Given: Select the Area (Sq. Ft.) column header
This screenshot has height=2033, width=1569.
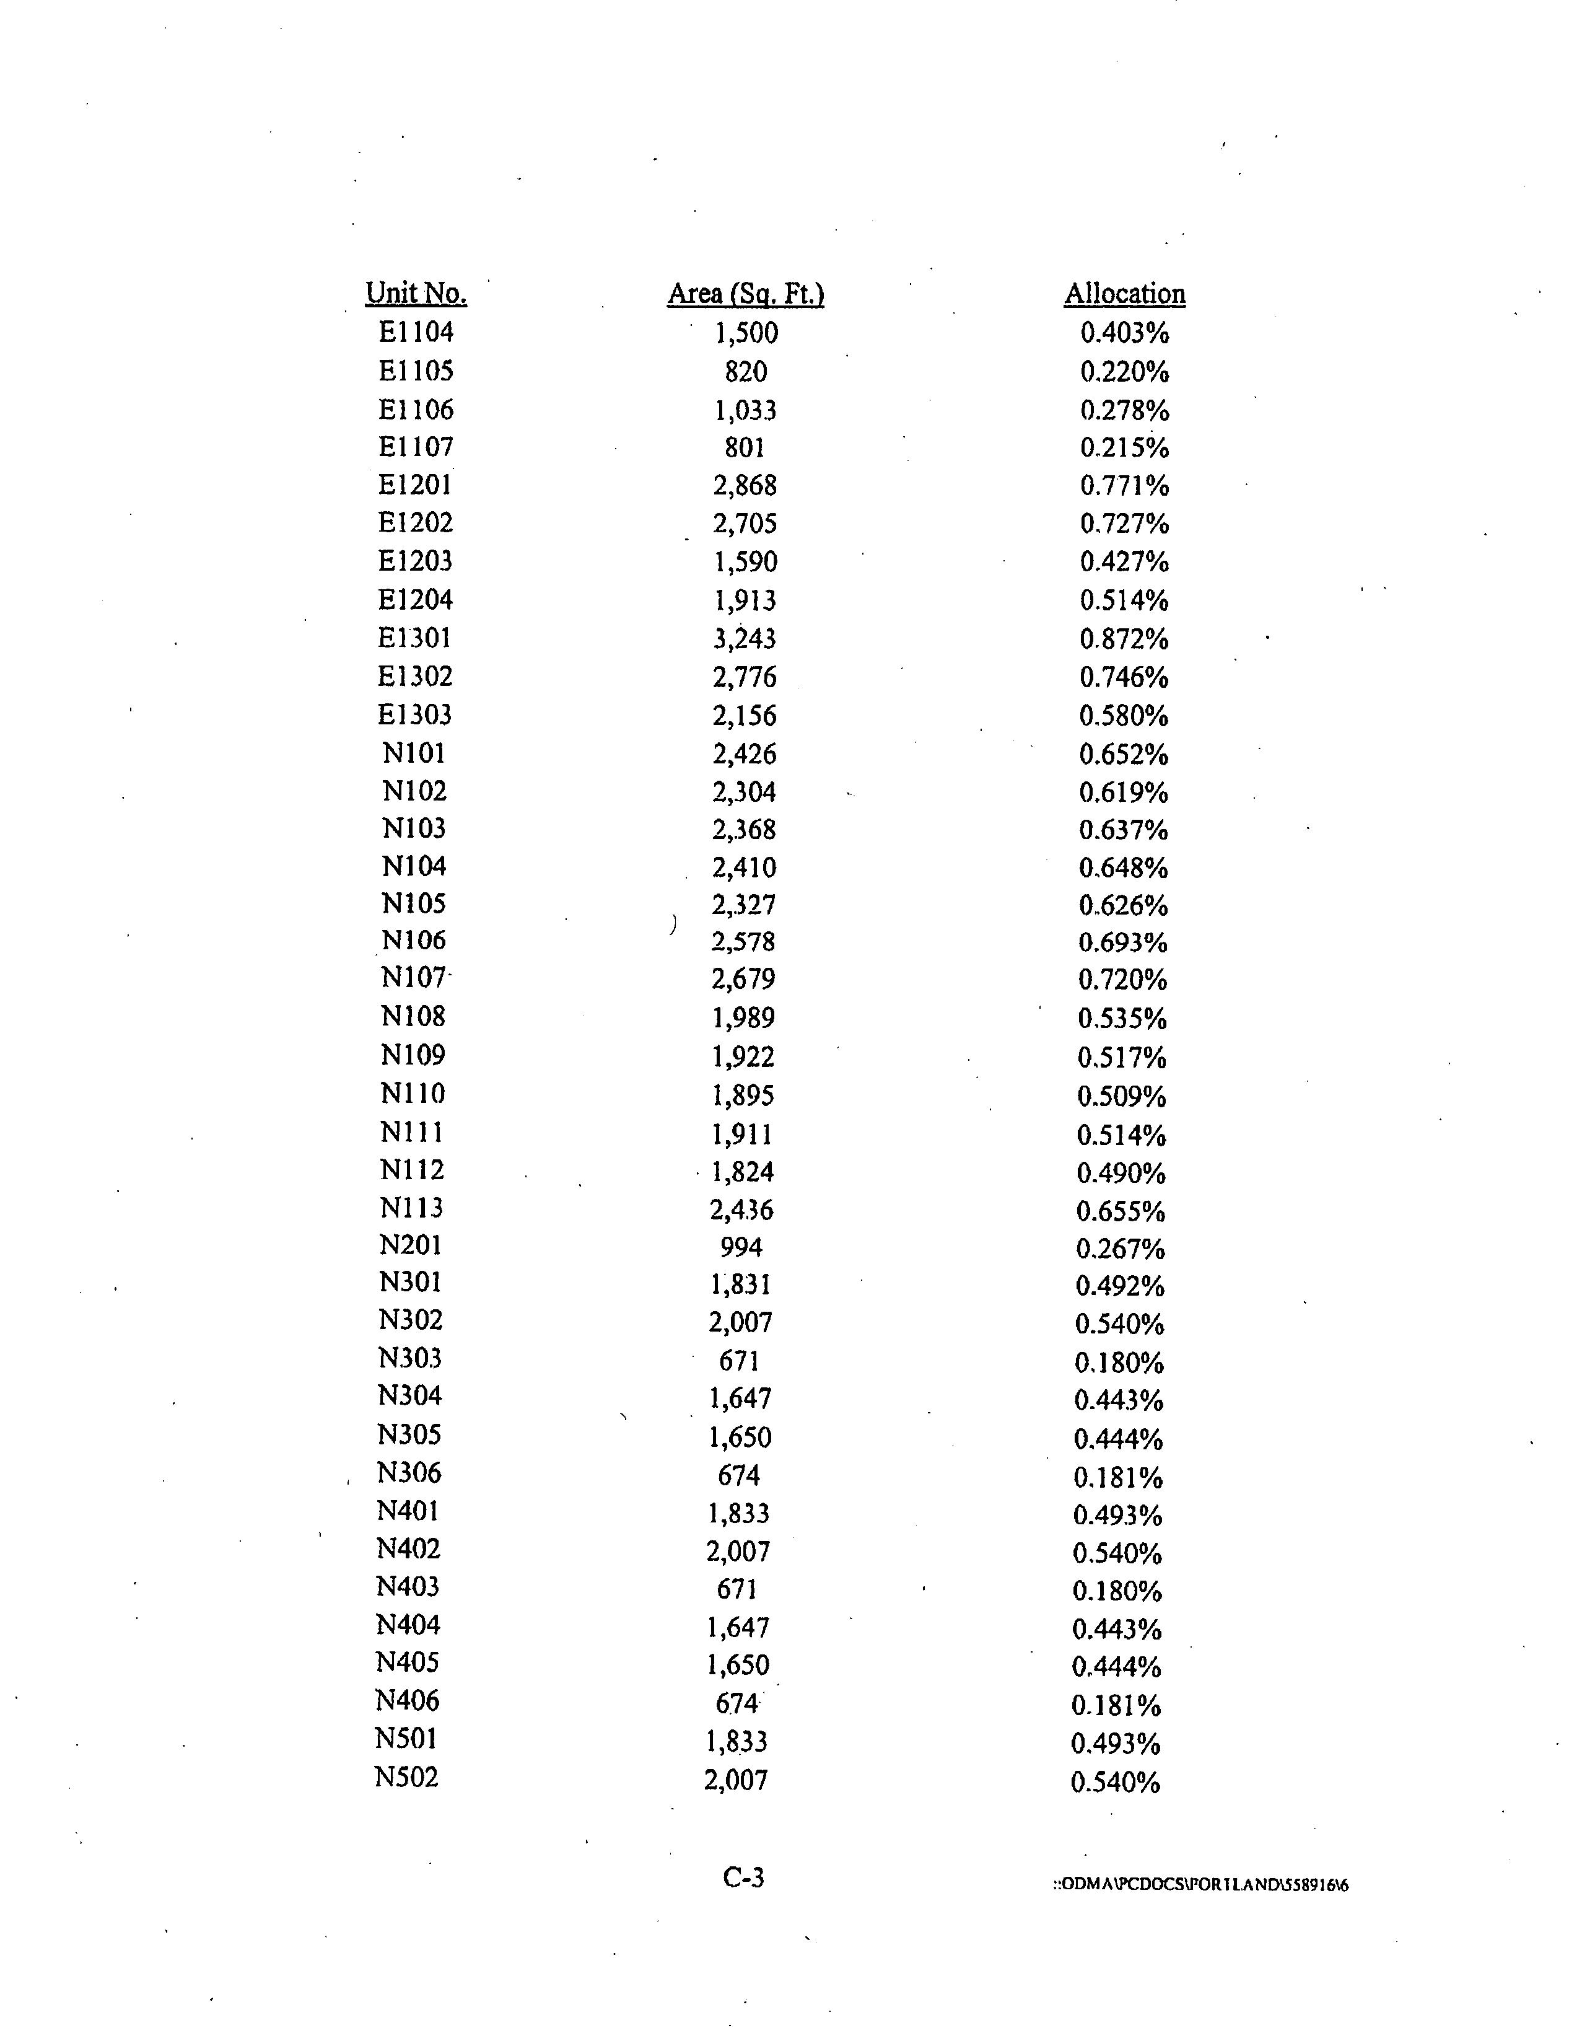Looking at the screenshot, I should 745,294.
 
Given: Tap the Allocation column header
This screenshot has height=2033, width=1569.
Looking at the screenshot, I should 1124,294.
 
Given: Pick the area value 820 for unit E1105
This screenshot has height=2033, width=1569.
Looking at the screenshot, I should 745,371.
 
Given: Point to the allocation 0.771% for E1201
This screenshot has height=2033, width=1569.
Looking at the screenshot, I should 1124,486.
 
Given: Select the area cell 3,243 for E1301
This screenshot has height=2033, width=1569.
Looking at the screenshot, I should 745,639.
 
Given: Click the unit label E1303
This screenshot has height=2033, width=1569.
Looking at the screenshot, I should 414,715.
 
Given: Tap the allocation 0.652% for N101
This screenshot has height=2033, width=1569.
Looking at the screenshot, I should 1123,754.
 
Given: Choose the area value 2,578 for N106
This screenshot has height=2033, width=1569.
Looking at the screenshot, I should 743,942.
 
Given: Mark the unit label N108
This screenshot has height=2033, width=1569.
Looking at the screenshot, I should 413,1016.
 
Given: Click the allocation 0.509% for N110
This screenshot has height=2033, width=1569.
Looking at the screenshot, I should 1121,1096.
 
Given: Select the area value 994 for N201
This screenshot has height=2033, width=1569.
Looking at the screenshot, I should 741,1247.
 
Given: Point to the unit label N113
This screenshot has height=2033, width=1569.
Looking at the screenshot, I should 411,1208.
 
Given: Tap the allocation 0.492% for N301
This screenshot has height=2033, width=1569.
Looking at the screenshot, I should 1119,1286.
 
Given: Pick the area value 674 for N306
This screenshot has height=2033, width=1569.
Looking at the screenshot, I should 739,1475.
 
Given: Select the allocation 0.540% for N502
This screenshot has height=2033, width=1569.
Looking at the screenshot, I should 1116,1783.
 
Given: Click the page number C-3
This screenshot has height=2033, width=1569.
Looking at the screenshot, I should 743,1877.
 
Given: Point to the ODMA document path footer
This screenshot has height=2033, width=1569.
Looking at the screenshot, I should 1200,1885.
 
